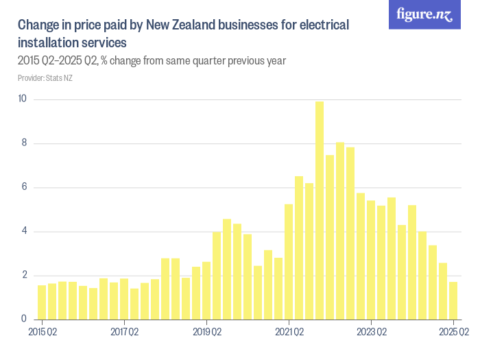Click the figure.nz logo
pos(424,14)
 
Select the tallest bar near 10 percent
pos(320,210)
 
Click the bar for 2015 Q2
pos(42,302)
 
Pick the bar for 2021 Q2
pos(289,261)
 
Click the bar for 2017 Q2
pos(124,298)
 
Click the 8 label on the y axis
pos(23,143)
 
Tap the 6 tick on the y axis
pos(23,187)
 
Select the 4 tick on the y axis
pos(23,231)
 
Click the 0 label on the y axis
pos(23,319)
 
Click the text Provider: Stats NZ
pos(45,78)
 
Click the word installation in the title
pos(48,43)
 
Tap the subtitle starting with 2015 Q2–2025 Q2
pos(152,61)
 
